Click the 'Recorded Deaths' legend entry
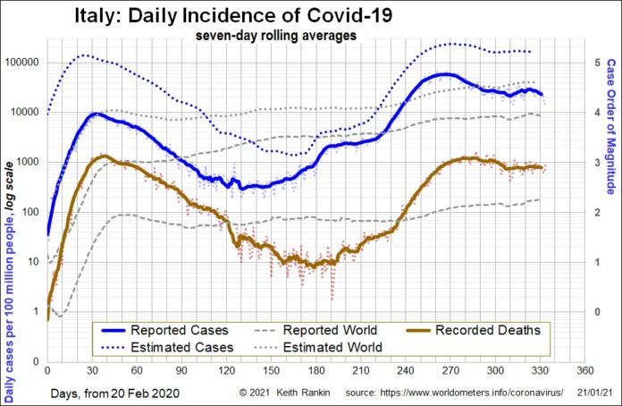click(486, 330)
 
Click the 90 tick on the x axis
click(181, 368)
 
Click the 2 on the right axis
click(594, 212)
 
